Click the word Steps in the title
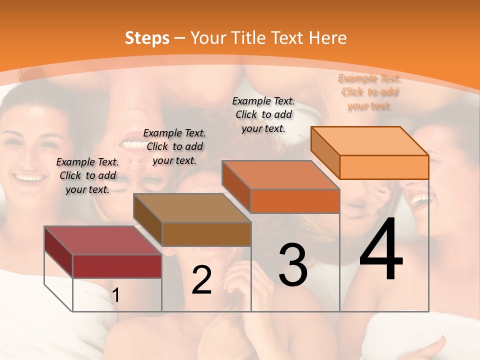147,38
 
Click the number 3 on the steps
293,264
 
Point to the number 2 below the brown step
201,280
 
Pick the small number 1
116,295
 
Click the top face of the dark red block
103,240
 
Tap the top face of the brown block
192,207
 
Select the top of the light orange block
370,140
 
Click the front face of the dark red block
117,266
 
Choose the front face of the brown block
206,234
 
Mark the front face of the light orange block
384,167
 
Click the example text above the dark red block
87,175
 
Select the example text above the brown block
174,146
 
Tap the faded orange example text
369,92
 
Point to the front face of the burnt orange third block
295,201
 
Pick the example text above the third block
263,114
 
